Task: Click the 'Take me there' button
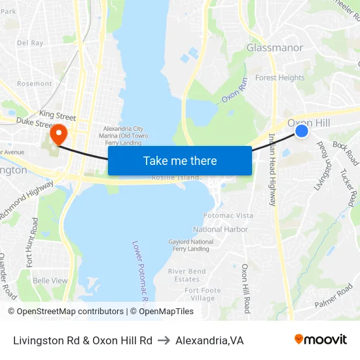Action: pyautogui.click(x=179, y=160)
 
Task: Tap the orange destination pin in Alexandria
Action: pyautogui.click(x=58, y=134)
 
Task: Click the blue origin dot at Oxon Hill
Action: pyautogui.click(x=302, y=131)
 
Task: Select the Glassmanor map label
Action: pyautogui.click(x=274, y=48)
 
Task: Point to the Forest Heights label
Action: pyautogui.click(x=279, y=77)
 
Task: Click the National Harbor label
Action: pyautogui.click(x=221, y=230)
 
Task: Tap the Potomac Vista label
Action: pyautogui.click(x=228, y=215)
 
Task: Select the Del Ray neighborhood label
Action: pyautogui.click(x=30, y=43)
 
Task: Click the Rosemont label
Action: pyautogui.click(x=34, y=84)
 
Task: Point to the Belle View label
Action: pyautogui.click(x=50, y=280)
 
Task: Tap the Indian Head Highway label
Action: pyautogui.click(x=272, y=170)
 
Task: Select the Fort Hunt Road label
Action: pyautogui.click(x=31, y=242)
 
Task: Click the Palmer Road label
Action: pyautogui.click(x=334, y=297)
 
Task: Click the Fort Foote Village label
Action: pyautogui.click(x=202, y=294)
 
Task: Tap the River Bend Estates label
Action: pyautogui.click(x=187, y=275)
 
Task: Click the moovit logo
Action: pyautogui.click(x=320, y=339)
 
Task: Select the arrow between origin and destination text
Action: pyautogui.click(x=164, y=340)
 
